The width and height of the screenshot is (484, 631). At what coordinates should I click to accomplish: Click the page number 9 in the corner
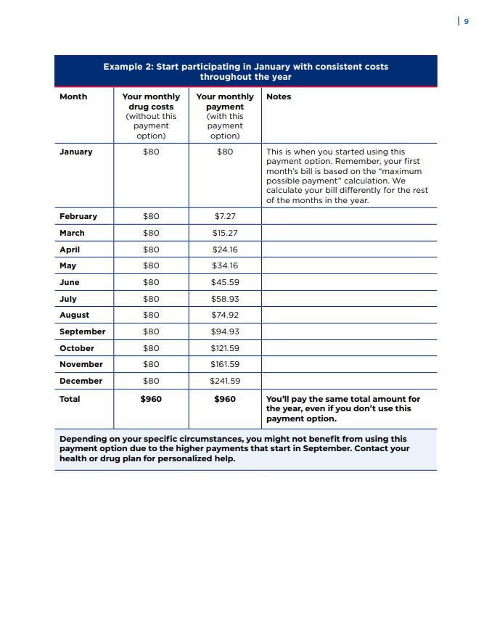(466, 22)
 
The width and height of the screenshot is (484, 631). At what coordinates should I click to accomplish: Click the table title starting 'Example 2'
(245, 71)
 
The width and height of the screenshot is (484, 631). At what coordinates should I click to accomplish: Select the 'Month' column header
(73, 96)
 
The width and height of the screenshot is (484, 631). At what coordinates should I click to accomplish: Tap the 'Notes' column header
(279, 96)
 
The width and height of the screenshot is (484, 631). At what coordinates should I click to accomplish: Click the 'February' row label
(78, 216)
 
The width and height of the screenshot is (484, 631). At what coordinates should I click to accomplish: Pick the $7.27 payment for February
(225, 216)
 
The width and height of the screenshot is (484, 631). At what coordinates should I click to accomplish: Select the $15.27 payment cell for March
(225, 233)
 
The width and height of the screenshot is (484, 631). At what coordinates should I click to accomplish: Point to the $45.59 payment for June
(225, 282)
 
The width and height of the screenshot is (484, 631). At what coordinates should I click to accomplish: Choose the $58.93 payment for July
(225, 299)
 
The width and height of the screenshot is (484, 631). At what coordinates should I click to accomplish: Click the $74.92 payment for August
(225, 315)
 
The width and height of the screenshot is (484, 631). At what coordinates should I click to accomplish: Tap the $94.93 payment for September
(225, 331)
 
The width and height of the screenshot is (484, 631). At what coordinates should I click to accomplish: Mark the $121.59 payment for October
(225, 348)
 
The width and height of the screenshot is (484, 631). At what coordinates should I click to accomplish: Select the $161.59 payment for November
(225, 364)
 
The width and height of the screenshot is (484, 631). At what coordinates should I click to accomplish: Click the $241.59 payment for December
(225, 381)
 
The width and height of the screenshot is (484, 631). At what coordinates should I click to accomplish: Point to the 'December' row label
(81, 381)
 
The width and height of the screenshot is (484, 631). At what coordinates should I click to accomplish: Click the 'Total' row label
(70, 399)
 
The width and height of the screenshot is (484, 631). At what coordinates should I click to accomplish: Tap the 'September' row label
(82, 331)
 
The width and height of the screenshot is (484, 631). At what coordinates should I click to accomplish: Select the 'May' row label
(67, 265)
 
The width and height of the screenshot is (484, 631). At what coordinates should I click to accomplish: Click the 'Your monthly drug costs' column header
(151, 115)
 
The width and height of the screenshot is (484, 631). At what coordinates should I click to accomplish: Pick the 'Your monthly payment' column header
(225, 115)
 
